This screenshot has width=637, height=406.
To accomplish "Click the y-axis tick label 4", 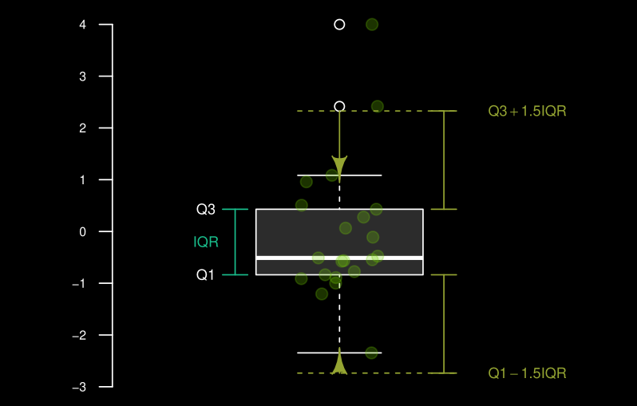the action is (83, 25).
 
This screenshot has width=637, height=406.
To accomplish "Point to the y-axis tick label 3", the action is (83, 77).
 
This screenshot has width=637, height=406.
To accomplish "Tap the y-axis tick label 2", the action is (83, 128).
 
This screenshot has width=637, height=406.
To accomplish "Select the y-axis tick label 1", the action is (83, 179).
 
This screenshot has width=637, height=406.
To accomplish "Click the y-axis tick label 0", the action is (83, 232).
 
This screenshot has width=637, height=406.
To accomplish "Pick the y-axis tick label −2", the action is (79, 335).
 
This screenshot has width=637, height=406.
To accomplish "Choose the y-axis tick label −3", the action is (79, 388).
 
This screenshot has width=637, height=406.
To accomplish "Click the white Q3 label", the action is (206, 210).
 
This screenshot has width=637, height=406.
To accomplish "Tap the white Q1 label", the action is (205, 275).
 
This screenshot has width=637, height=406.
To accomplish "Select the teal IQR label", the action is (206, 242).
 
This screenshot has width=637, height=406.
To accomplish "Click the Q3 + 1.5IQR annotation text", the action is (527, 111).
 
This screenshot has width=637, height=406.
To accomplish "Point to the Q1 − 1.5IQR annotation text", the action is (527, 373).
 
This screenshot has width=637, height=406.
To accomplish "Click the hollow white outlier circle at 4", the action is (339, 25).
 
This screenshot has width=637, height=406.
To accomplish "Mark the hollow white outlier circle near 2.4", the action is (339, 106).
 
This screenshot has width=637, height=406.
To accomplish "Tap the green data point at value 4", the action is (372, 25).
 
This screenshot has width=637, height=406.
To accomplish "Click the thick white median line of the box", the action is (339, 258).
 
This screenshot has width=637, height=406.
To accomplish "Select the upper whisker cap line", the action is (339, 175).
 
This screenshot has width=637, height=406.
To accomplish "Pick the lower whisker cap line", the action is (339, 353).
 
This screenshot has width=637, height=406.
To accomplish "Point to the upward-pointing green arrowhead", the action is (339, 361).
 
